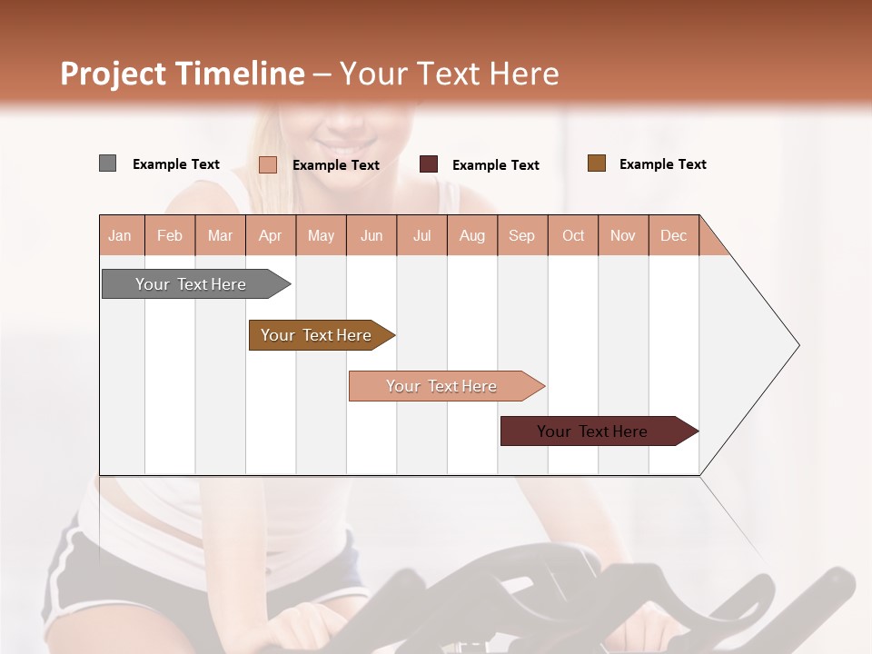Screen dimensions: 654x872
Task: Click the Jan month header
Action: point(120,235)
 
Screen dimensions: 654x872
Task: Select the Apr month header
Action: point(270,235)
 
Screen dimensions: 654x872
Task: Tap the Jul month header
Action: point(421,235)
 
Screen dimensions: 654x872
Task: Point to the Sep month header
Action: point(521,235)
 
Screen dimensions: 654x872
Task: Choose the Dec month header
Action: point(673,235)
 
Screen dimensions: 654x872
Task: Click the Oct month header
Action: point(573,235)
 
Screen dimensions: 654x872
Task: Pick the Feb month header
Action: point(170,235)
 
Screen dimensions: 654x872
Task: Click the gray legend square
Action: point(107,163)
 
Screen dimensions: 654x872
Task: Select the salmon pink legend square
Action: point(268,164)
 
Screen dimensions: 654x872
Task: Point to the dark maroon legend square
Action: point(429,164)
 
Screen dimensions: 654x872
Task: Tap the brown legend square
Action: point(596,163)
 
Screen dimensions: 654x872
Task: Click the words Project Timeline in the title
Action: point(182,74)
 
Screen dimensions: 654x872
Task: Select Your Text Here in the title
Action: point(449,74)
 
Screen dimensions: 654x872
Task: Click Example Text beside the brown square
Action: point(662,164)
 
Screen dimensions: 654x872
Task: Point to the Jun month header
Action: point(372,235)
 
